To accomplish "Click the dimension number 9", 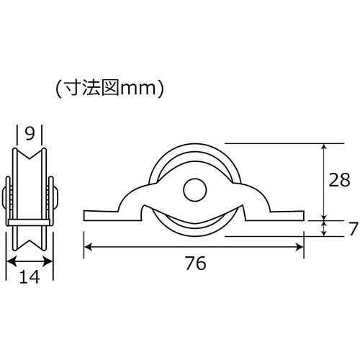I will click(x=30, y=133).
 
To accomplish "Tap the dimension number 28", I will click(x=338, y=180).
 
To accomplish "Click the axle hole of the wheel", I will click(x=192, y=190).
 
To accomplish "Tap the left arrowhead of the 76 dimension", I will click(x=89, y=247).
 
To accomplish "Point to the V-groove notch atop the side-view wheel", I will click(x=30, y=157).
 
